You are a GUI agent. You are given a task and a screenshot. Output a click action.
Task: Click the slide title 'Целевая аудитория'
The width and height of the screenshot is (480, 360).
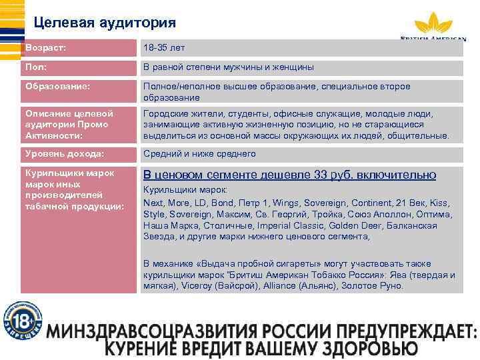(x=105, y=23)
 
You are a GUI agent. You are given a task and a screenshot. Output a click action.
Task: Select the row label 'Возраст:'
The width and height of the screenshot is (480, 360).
(x=46, y=49)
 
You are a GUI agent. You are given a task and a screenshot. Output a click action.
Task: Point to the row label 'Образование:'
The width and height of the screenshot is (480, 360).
(x=57, y=87)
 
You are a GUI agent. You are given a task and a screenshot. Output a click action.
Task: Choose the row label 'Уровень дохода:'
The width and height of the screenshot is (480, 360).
(x=64, y=154)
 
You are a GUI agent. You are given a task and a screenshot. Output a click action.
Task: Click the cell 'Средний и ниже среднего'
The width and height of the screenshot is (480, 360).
(x=199, y=154)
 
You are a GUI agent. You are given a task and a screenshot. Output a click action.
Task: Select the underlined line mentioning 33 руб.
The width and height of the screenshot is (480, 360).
(x=289, y=175)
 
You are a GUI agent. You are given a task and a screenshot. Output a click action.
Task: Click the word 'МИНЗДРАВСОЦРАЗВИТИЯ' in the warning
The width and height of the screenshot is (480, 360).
(x=153, y=332)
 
